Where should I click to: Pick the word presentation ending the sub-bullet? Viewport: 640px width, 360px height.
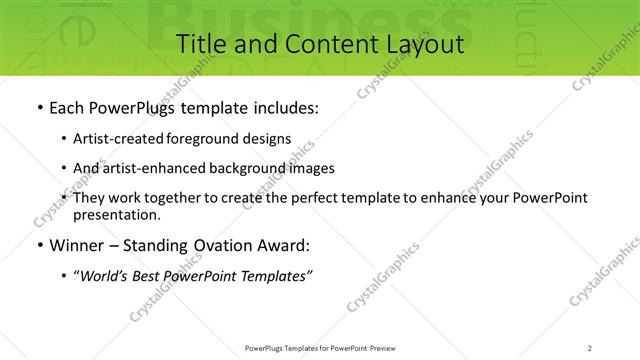click(x=116, y=214)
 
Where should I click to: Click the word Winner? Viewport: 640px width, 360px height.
click(x=77, y=246)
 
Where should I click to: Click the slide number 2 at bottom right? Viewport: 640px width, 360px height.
click(x=590, y=347)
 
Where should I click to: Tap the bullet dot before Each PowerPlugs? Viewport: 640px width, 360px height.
click(x=38, y=108)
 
